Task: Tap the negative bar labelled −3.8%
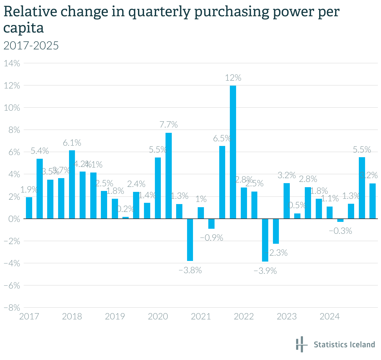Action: tap(190, 240)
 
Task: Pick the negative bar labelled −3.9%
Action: tap(265, 240)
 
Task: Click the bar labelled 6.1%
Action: tap(72, 184)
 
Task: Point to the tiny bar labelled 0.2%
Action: tap(126, 217)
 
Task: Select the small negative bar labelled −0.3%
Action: tap(340, 220)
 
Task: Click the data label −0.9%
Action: tap(212, 238)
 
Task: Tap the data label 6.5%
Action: tap(222, 138)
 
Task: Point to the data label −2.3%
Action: tap(276, 253)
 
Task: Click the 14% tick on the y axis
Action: tap(12, 63)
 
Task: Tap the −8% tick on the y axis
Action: tap(12, 308)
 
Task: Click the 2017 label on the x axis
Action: tap(29, 317)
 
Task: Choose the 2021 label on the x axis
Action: tap(201, 317)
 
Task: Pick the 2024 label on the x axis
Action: tap(329, 317)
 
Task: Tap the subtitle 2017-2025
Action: tap(31, 46)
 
